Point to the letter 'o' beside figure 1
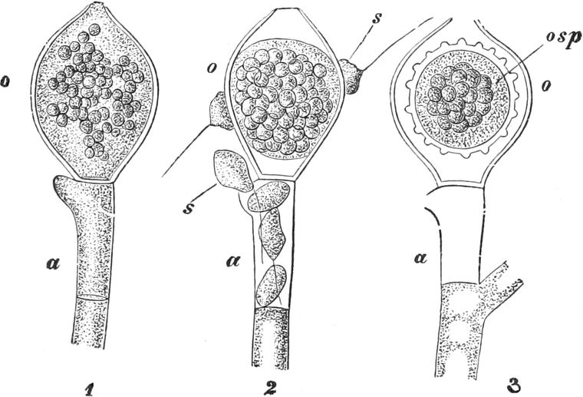click(x=5, y=82)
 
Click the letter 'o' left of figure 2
click(x=210, y=70)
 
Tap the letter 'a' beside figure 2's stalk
click(x=232, y=261)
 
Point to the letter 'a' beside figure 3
click(x=421, y=258)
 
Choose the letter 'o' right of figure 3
click(x=545, y=86)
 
